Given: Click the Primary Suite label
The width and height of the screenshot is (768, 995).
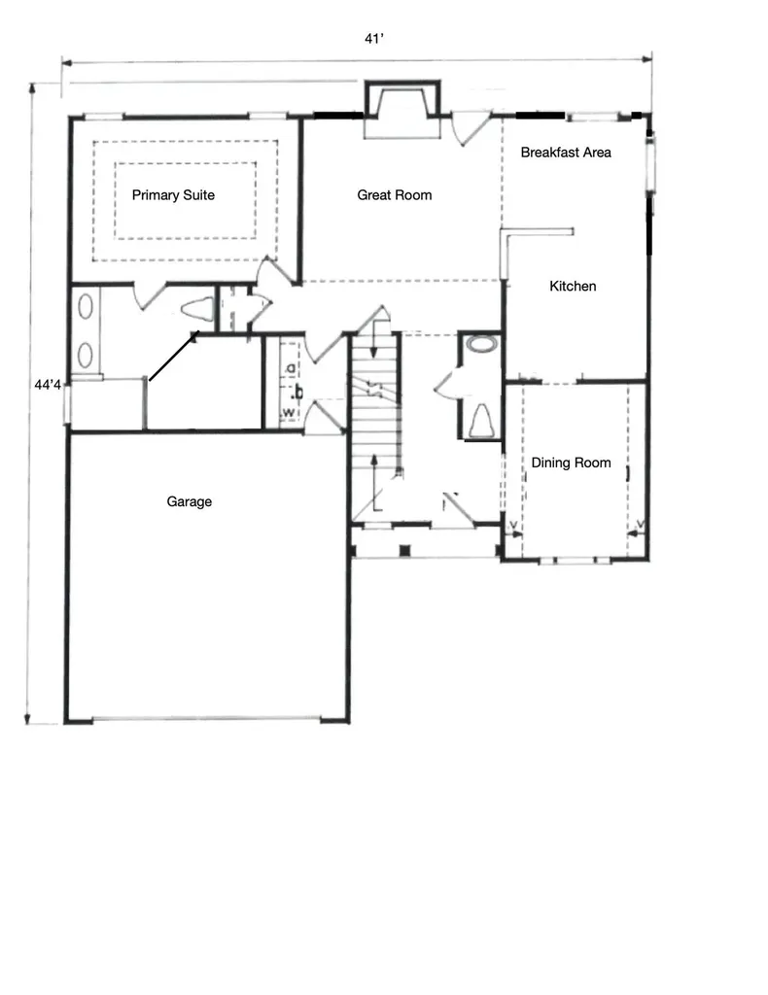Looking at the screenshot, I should click(x=173, y=195).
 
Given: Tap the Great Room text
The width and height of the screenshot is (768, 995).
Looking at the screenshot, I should click(x=394, y=195).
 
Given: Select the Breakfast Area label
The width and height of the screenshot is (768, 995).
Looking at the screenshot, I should click(x=566, y=153).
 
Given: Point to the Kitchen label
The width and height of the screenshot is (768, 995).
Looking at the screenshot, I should click(x=573, y=286).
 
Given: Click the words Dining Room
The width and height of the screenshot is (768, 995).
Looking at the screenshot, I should click(x=571, y=463).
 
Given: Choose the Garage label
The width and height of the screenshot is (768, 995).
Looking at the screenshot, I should click(x=189, y=502).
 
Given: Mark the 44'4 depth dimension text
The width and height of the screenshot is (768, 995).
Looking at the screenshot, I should click(x=49, y=385).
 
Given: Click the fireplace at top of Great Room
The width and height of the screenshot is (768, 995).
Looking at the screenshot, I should click(x=401, y=110).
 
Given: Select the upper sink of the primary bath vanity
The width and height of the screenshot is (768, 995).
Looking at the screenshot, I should click(x=86, y=311).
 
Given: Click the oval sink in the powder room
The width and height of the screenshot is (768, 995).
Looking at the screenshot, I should click(x=480, y=344).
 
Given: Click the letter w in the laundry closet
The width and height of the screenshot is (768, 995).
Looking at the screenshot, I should click(x=289, y=415).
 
